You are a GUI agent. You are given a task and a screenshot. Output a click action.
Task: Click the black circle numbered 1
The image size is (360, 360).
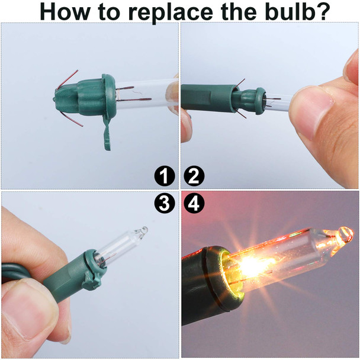[x=165, y=176]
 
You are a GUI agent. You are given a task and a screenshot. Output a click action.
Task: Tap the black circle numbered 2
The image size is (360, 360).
[x=194, y=176]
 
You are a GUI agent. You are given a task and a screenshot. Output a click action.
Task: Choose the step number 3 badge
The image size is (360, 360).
[x=165, y=204]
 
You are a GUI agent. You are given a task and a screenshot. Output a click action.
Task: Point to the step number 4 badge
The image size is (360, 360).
[x=194, y=204]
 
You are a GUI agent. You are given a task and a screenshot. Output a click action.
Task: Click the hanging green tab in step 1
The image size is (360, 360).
[x=107, y=133]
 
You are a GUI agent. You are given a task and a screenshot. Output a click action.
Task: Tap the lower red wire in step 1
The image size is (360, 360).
[x=72, y=120]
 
